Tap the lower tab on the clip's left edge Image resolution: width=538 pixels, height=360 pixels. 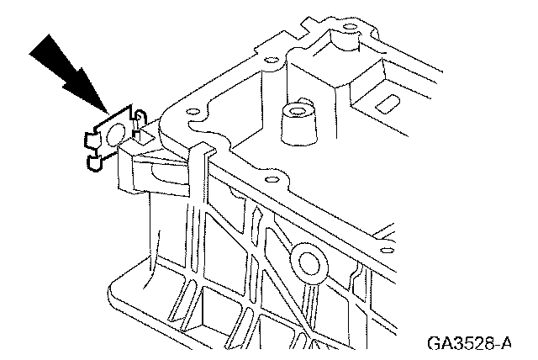pyautogui.click(x=92, y=156)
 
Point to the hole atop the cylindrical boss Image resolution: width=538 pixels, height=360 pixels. pyautogui.click(x=297, y=111)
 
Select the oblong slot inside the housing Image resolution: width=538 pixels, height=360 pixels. pyautogui.click(x=389, y=103)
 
